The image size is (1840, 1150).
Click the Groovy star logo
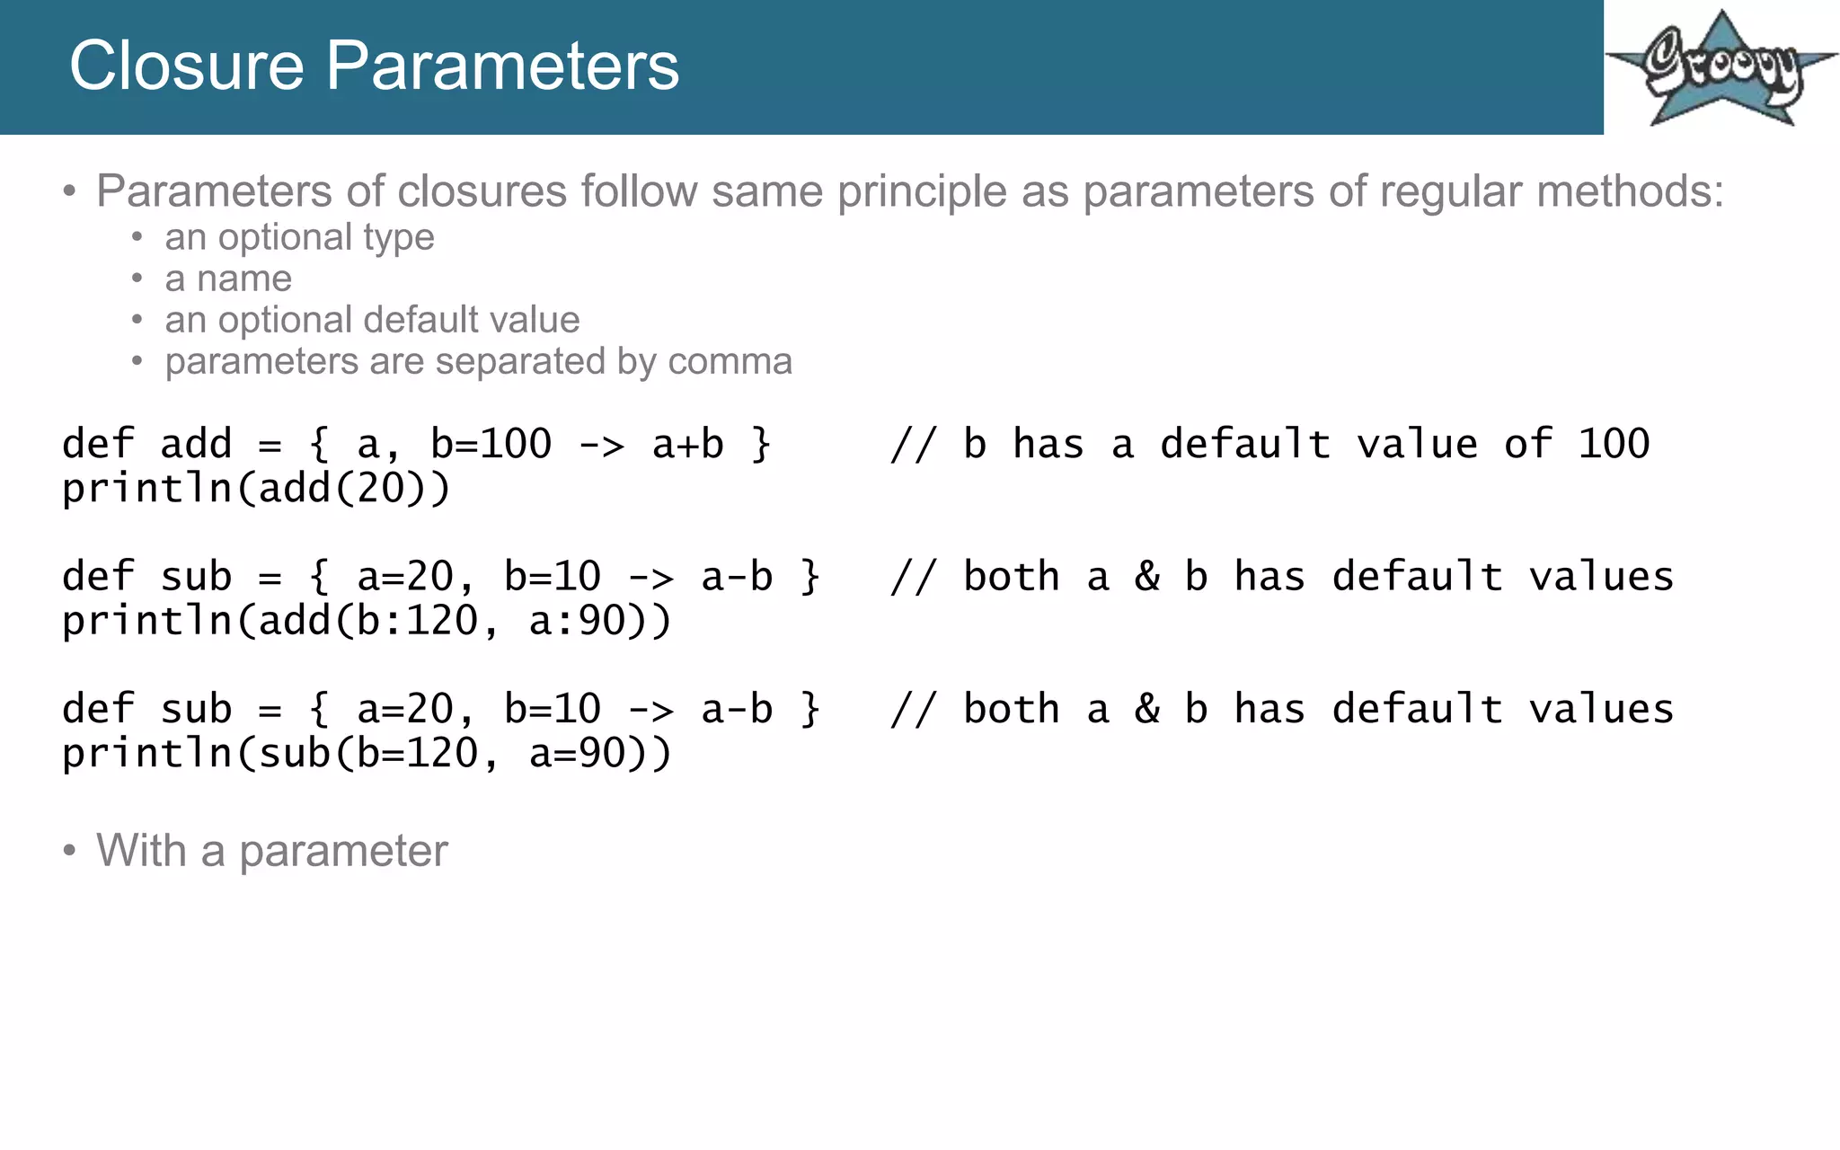click(1721, 70)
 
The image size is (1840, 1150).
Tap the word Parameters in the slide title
click(501, 66)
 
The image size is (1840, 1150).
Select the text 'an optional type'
click(299, 237)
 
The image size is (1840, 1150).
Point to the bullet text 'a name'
click(228, 279)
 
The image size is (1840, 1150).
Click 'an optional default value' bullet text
click(372, 320)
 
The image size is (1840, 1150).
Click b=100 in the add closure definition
click(491, 444)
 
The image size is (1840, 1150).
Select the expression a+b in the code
click(687, 444)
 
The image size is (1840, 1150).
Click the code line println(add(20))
click(256, 488)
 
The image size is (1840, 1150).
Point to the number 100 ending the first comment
click(1614, 444)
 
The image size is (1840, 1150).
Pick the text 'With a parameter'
click(271, 850)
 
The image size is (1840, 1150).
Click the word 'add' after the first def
click(196, 444)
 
